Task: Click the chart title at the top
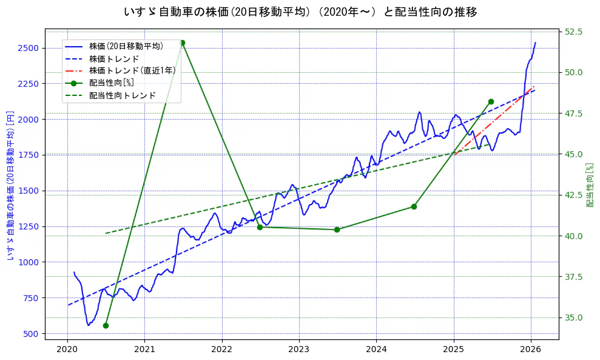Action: tap(300, 12)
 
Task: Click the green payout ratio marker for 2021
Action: tap(183, 42)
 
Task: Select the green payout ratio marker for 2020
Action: tap(106, 325)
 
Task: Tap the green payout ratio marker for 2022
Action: tap(260, 227)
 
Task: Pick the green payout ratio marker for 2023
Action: tap(337, 229)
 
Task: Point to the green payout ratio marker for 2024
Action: tap(414, 206)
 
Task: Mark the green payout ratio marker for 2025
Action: tap(491, 101)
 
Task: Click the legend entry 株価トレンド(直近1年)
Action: tap(132, 70)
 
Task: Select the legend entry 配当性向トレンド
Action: tap(122, 95)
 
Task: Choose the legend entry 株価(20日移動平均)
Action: tap(126, 46)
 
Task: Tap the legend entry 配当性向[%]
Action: tap(112, 83)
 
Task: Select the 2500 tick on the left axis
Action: tap(29, 48)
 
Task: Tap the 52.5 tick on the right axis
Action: tap(574, 32)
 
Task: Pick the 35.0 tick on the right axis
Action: tap(574, 318)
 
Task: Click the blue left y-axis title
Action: tap(10, 186)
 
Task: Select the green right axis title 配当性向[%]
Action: tap(589, 185)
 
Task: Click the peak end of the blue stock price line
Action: tap(535, 42)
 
